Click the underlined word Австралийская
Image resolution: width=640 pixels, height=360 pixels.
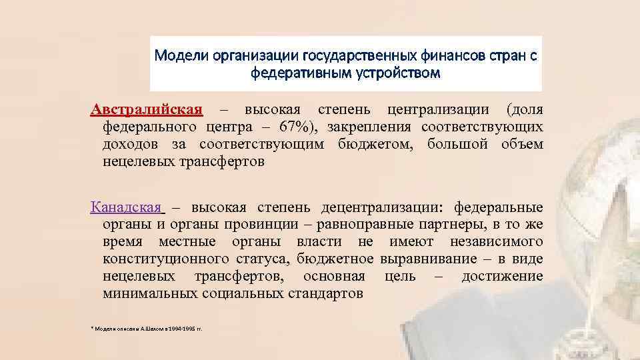point(147,109)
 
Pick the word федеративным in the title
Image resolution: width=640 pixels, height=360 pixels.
point(295,72)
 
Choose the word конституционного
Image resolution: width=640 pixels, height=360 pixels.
point(158,258)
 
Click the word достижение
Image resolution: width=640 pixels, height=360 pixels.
point(502,275)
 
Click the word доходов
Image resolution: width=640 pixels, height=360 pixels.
point(131,144)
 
